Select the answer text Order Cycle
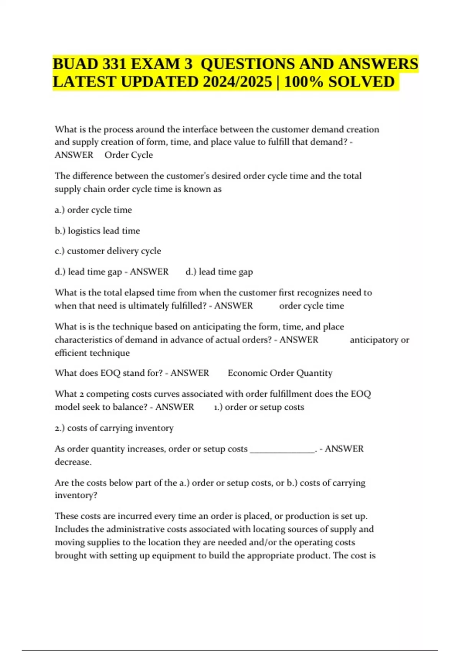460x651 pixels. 129,155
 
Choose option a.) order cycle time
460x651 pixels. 93,210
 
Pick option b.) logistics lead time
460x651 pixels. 97,231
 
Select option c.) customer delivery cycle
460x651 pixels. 108,251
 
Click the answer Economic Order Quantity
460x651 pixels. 280,373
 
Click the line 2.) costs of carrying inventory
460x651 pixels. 114,428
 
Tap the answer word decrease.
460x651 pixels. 73,462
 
